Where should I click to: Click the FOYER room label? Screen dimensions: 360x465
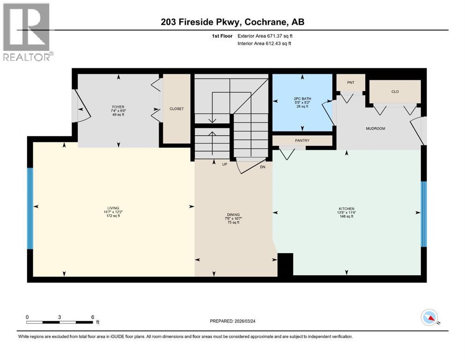click(111, 107)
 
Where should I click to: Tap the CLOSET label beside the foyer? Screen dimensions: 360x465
click(177, 109)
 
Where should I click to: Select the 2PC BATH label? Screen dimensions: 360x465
click(303, 99)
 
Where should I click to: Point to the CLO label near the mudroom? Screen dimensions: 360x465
click(395, 91)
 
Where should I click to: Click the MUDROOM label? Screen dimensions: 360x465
click(376, 128)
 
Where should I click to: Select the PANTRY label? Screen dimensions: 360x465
click(302, 141)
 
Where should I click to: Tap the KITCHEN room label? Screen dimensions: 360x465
click(347, 209)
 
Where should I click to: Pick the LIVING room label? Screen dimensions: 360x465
click(113, 208)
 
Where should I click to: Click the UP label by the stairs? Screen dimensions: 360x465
click(224, 165)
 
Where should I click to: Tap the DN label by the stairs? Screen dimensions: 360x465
click(263, 166)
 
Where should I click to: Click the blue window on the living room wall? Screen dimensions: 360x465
click(30, 208)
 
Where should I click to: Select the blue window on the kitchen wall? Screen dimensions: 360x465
click(424, 214)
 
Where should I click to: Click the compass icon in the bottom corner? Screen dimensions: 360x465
click(429, 318)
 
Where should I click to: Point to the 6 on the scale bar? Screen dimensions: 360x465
click(93, 317)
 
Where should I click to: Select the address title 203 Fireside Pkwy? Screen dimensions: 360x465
click(233, 22)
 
